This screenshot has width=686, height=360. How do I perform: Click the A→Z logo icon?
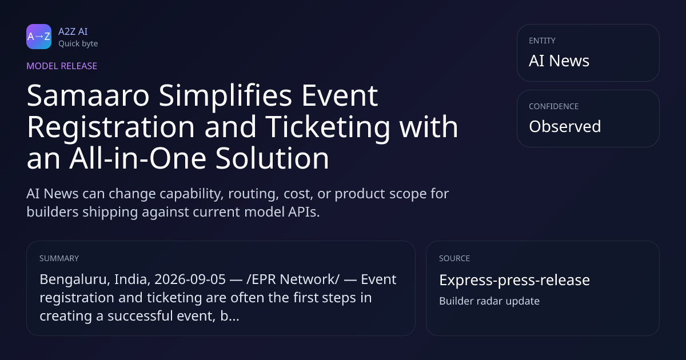click(x=39, y=37)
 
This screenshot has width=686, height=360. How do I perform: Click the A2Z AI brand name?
click(x=73, y=31)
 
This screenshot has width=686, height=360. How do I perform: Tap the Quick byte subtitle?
click(x=78, y=44)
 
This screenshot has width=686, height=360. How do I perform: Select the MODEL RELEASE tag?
click(x=62, y=66)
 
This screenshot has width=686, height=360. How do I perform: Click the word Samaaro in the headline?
click(x=88, y=96)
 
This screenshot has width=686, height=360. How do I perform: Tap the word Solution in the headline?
click(x=272, y=158)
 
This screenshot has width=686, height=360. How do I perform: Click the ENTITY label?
click(x=542, y=41)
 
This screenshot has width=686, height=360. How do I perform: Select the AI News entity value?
click(x=559, y=61)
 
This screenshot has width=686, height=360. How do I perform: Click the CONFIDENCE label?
click(x=554, y=106)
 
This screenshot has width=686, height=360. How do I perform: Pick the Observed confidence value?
click(x=565, y=126)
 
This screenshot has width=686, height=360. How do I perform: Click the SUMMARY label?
click(x=59, y=258)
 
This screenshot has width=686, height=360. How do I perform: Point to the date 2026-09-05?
click(x=190, y=279)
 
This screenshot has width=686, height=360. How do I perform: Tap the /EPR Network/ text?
click(x=293, y=279)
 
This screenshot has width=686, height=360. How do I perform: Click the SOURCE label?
click(x=454, y=258)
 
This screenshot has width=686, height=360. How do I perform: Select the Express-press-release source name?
click(x=514, y=280)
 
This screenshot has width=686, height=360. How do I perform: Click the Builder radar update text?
click(x=489, y=301)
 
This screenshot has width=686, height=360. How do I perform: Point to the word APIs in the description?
click(x=304, y=212)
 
